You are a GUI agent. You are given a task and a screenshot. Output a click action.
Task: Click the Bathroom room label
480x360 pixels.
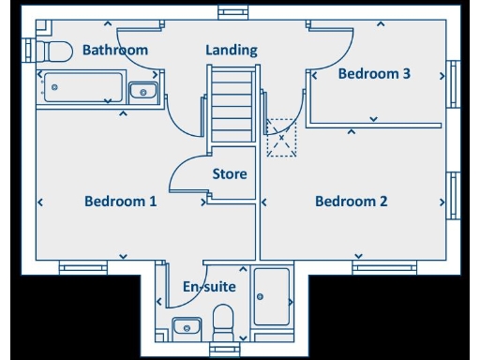tap(115, 50)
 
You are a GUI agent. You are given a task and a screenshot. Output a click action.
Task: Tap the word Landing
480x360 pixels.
tap(232, 50)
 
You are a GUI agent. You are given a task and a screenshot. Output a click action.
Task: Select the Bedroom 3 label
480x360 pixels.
tap(374, 74)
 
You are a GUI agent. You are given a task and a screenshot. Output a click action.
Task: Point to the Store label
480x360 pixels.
tap(230, 174)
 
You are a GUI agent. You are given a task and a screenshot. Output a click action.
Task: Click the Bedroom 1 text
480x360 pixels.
tap(120, 201)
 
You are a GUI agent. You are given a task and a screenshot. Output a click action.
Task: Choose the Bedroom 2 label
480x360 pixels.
tap(351, 201)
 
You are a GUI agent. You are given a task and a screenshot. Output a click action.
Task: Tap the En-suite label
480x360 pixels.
tap(209, 287)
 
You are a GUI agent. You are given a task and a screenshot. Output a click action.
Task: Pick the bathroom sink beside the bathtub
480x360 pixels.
tap(142, 90)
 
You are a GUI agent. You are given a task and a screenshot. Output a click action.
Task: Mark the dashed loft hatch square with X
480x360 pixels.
tap(281, 138)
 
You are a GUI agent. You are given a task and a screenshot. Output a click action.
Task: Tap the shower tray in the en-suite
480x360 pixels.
tap(272, 295)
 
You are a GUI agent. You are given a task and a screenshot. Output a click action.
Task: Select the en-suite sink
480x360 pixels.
tap(187, 327)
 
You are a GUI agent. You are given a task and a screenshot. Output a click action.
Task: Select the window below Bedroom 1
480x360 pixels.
tap(82, 267)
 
